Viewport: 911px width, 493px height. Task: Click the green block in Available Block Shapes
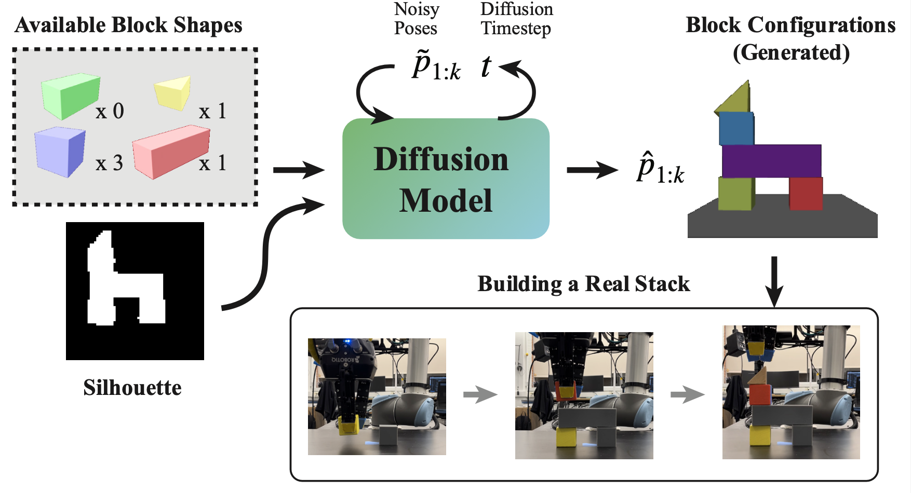tap(71, 96)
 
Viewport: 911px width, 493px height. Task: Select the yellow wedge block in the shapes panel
tap(173, 92)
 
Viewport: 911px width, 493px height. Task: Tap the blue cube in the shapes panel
tap(59, 152)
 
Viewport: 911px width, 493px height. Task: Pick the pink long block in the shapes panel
tap(170, 151)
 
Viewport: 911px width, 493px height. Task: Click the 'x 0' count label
tap(110, 111)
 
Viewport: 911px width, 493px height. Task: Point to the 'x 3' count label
tap(109, 163)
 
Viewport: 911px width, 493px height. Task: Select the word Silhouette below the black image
tap(132, 388)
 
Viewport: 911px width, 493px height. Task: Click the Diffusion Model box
tap(446, 179)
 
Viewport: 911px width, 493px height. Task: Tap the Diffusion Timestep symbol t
tap(486, 67)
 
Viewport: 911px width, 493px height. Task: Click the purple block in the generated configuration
tap(771, 161)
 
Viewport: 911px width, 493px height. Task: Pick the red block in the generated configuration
tap(806, 193)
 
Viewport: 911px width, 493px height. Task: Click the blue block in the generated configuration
tap(736, 129)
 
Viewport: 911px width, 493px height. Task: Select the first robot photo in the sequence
tap(377, 396)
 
